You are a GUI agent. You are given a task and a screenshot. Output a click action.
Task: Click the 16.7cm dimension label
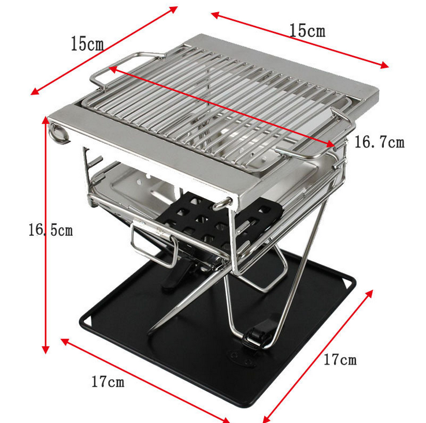[x=380, y=142]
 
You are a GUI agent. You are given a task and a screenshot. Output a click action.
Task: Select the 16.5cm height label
[x=51, y=230]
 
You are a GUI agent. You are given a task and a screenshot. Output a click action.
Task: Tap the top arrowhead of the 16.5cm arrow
[x=45, y=120]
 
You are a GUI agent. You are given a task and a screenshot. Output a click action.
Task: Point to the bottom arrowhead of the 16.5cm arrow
[x=46, y=350]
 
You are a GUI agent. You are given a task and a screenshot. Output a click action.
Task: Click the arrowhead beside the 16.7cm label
[x=331, y=144]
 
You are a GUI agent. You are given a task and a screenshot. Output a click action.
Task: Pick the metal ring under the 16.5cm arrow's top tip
[x=58, y=133]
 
